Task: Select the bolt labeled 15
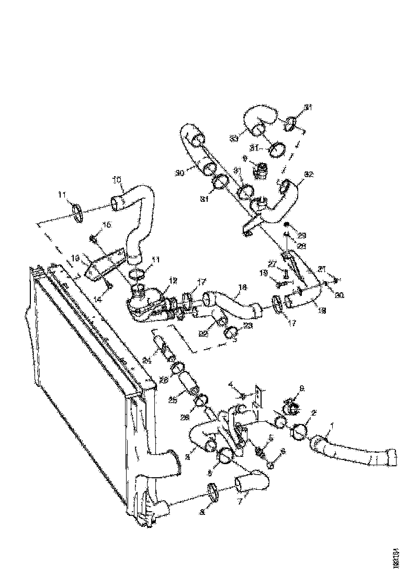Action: coord(93,239)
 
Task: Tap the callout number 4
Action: coord(231,386)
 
